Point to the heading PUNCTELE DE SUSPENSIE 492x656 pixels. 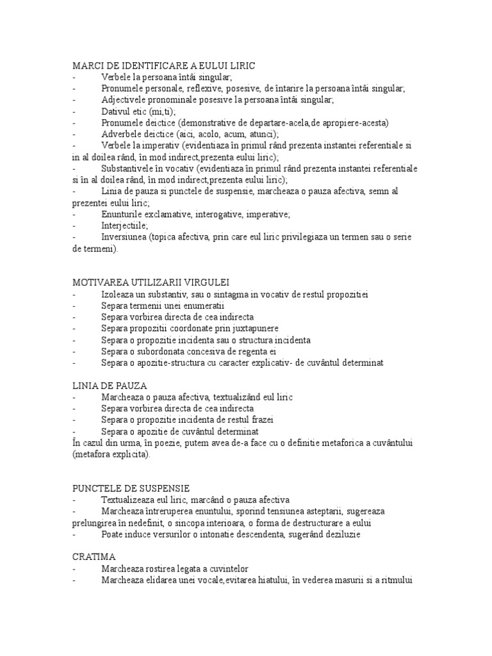point(130,488)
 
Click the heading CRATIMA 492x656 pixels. point(94,557)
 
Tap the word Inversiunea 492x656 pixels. point(123,237)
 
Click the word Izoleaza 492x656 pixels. point(117,294)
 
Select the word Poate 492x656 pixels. point(111,534)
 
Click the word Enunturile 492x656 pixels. point(122,214)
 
